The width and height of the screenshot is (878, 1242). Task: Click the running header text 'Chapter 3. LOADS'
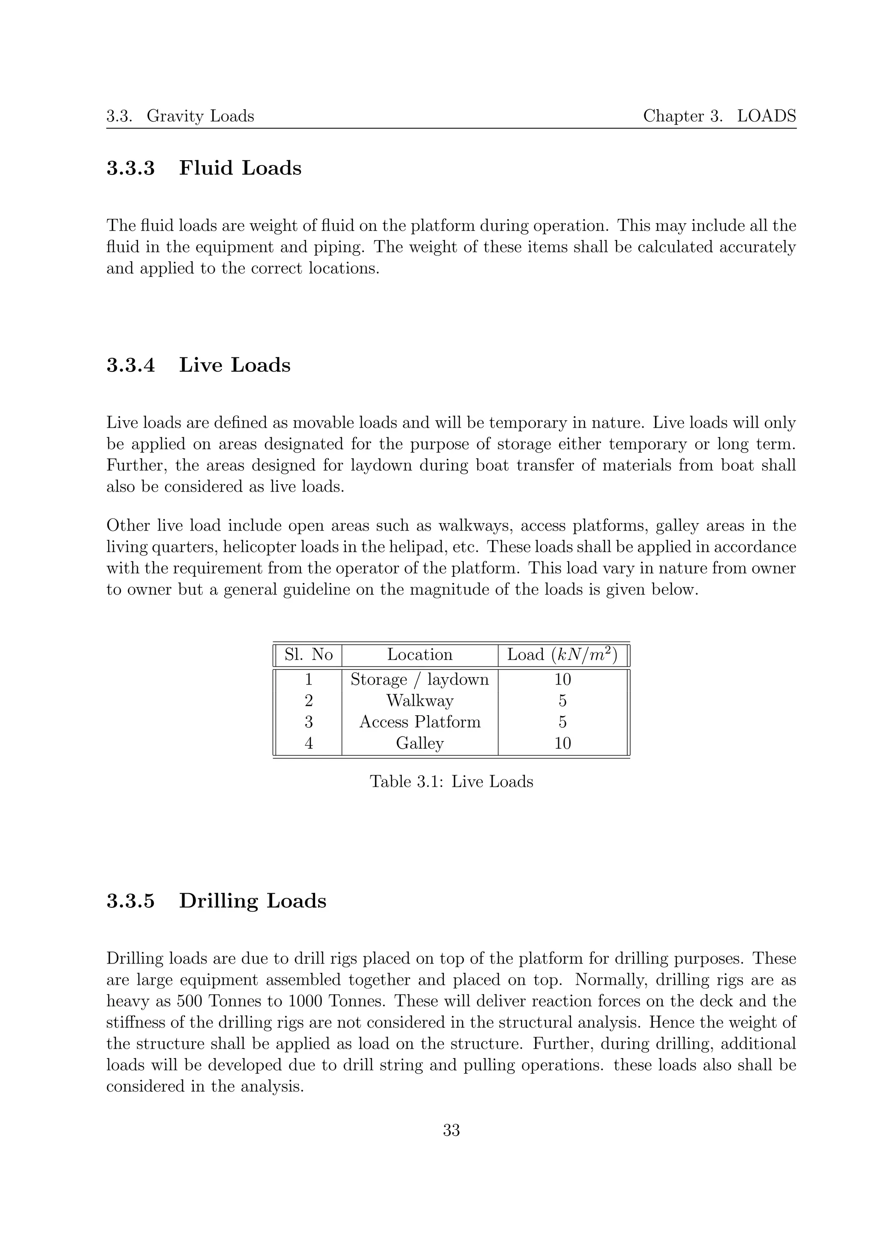click(x=719, y=116)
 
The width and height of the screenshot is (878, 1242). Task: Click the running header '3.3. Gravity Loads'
click(x=180, y=116)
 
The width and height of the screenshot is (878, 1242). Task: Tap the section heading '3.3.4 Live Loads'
click(x=198, y=365)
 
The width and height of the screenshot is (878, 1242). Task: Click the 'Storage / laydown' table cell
click(x=419, y=679)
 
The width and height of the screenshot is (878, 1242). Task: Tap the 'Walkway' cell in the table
click(x=419, y=701)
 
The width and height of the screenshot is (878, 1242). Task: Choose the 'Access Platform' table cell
click(x=419, y=722)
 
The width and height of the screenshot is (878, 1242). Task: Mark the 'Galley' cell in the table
click(x=419, y=743)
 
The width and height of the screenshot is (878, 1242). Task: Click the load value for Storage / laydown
click(x=562, y=679)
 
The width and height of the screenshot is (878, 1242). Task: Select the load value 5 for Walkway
click(x=562, y=701)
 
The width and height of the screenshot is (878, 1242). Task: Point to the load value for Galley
click(x=562, y=743)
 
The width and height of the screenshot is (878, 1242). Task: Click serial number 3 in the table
click(x=308, y=722)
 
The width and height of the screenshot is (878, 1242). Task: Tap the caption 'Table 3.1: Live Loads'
click(x=451, y=782)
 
